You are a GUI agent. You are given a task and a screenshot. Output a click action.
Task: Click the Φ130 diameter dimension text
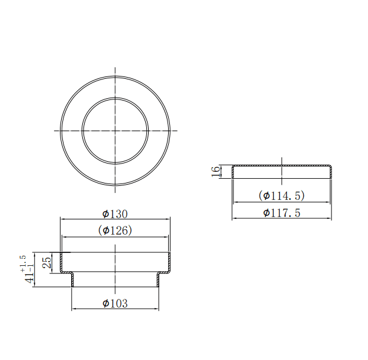pos(115,214)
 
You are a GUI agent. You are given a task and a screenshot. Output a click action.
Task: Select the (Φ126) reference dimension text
pos(115,231)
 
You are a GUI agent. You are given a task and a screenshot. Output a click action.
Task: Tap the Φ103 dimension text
pos(115,303)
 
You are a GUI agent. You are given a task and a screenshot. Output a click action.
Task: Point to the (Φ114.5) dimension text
pos(282,195)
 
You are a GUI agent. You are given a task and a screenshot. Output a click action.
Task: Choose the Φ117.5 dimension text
pos(282,213)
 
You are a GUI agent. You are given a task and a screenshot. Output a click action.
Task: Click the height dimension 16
pos(216,172)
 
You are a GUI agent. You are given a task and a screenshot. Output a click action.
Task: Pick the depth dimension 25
pos(46,262)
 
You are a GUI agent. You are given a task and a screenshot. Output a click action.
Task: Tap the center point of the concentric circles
pos(115,131)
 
